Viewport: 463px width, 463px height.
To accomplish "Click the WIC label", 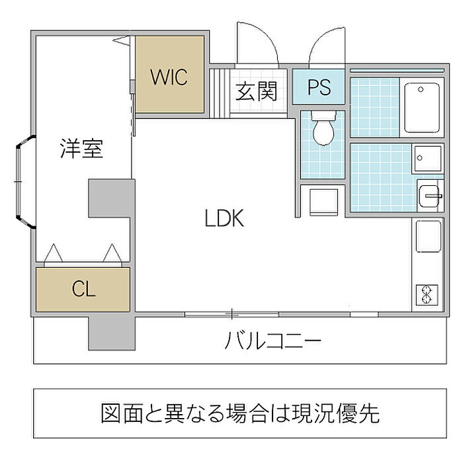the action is (169, 77).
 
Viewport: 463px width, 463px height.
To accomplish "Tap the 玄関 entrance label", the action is (257, 91).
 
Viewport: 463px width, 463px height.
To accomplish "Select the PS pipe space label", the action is (319, 87).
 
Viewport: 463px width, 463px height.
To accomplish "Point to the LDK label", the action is (224, 218).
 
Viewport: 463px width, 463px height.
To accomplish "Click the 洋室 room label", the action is (81, 148).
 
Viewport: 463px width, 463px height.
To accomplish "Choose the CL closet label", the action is (83, 289).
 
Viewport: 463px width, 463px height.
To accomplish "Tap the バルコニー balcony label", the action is (273, 341).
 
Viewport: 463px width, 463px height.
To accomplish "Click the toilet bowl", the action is (323, 128).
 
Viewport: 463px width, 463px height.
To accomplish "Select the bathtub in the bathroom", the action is (422, 107).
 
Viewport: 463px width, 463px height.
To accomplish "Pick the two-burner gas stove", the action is (427, 294).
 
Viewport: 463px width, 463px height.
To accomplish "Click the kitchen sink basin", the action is (429, 236).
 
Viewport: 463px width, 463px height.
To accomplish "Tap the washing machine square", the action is (323, 202).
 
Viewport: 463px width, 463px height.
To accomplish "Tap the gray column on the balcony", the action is (112, 333).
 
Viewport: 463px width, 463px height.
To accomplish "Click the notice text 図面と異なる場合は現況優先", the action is (240, 413).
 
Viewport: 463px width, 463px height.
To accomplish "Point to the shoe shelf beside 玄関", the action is (220, 93).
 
